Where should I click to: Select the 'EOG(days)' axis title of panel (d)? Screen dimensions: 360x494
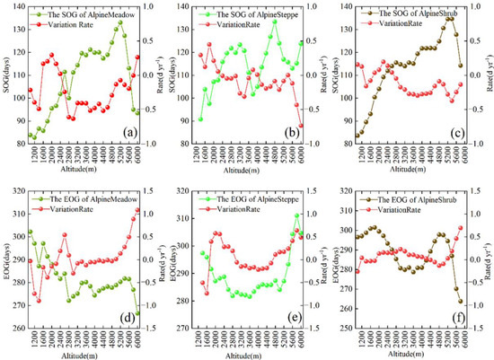pyautogui.click(x=7, y=259)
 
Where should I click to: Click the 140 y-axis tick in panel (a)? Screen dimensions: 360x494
pyautogui.click(x=19, y=6)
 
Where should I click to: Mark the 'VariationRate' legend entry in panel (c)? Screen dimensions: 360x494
pyautogui.click(x=404, y=21)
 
